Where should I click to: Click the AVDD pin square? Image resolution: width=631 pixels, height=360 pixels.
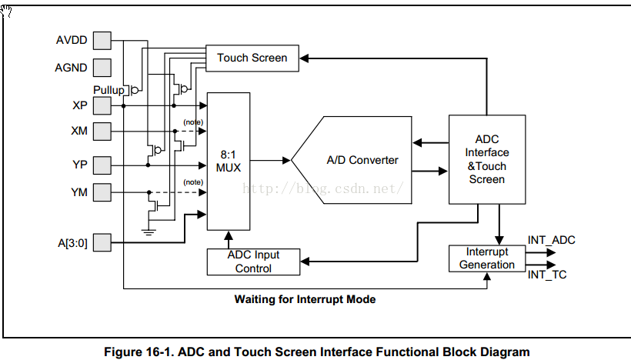point(102,41)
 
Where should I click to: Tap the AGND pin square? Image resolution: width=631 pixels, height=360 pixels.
point(102,68)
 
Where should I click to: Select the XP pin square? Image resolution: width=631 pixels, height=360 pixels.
point(102,106)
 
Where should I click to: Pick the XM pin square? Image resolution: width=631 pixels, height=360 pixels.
point(102,131)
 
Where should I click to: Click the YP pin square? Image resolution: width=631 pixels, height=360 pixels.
point(102,165)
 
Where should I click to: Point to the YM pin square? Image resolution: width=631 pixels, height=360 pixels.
point(102,192)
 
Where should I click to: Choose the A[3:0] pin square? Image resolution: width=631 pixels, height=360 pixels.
point(102,242)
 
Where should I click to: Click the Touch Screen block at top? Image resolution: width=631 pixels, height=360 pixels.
point(252,58)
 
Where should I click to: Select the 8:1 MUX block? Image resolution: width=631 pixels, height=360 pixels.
point(229,162)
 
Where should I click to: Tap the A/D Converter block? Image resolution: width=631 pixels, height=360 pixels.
point(352,160)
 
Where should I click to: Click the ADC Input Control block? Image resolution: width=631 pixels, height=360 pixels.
point(253,262)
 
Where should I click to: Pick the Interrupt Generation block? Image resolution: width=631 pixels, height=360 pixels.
point(487,258)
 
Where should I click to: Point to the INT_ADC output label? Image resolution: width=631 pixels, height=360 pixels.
point(551,240)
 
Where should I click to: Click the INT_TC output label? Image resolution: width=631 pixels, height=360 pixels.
point(547,275)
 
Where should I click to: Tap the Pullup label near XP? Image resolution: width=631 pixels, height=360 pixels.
point(109,90)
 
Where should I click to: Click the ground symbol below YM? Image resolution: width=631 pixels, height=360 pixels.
point(149,232)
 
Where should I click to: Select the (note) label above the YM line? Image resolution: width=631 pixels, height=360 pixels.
point(193,182)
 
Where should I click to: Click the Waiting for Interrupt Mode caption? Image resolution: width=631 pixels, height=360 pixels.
point(305,299)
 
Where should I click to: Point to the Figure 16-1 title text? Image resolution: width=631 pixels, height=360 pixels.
point(317,352)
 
